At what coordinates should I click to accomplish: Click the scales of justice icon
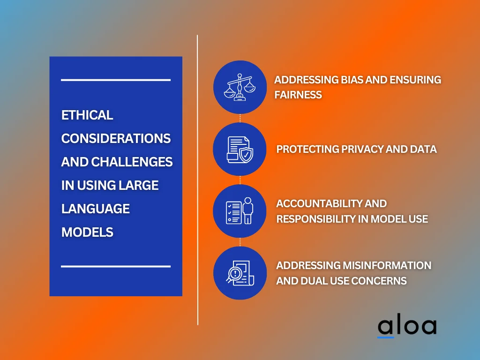(240, 87)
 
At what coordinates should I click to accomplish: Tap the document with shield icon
(240, 149)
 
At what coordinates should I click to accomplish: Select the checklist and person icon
(240, 211)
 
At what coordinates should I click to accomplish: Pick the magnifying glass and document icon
(240, 273)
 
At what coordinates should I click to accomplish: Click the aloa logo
(406, 326)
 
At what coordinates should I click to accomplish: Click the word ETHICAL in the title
(87, 115)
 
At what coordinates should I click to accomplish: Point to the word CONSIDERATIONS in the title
(116, 139)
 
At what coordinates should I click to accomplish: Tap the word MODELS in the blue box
(87, 232)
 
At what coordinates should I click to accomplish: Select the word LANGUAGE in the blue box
(96, 209)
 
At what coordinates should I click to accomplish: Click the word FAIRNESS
(298, 95)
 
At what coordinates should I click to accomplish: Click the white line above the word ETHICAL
(115, 80)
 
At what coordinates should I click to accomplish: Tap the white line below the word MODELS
(115, 266)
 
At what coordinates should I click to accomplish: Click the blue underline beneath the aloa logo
(386, 337)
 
